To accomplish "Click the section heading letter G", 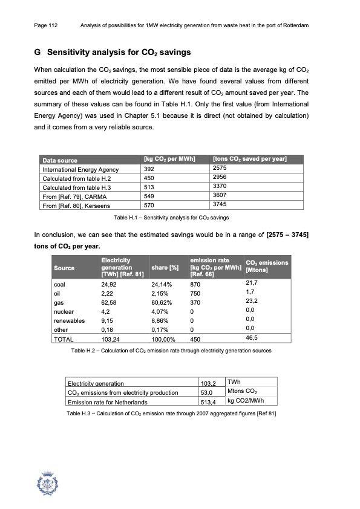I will [x=37, y=53].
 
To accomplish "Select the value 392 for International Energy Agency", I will [x=149, y=169].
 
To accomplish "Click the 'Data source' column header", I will [x=59, y=160].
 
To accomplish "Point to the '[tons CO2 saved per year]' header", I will [x=250, y=159].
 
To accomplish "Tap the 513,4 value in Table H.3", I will [x=209, y=401].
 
